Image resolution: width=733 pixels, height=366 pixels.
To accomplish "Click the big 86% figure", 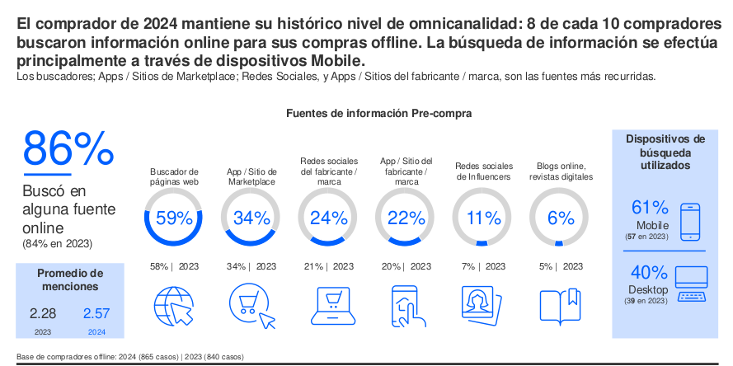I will pyautogui.click(x=68, y=148).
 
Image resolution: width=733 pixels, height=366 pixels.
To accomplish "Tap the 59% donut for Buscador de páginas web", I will pyautogui.click(x=174, y=218).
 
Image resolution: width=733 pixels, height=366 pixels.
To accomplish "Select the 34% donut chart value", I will pyautogui.click(x=251, y=218).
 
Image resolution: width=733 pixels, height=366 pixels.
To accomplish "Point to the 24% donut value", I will pyautogui.click(x=329, y=218).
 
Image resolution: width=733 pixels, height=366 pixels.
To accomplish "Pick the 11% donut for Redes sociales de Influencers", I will pyautogui.click(x=483, y=218).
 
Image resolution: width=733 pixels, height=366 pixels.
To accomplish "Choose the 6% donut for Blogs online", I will pyautogui.click(x=560, y=218).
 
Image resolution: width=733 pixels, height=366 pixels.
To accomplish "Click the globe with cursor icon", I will pyautogui.click(x=174, y=306).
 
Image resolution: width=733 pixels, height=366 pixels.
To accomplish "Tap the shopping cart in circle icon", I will pyautogui.click(x=251, y=306).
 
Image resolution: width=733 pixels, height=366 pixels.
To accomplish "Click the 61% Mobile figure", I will pyautogui.click(x=650, y=208).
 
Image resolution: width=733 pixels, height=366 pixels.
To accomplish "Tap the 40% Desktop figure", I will pyautogui.click(x=649, y=273).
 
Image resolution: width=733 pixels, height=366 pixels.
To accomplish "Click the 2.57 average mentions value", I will pyautogui.click(x=96, y=314).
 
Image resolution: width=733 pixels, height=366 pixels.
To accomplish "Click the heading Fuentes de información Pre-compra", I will pyautogui.click(x=378, y=113).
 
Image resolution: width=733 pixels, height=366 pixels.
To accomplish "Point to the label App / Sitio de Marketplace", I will pyautogui.click(x=251, y=176).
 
